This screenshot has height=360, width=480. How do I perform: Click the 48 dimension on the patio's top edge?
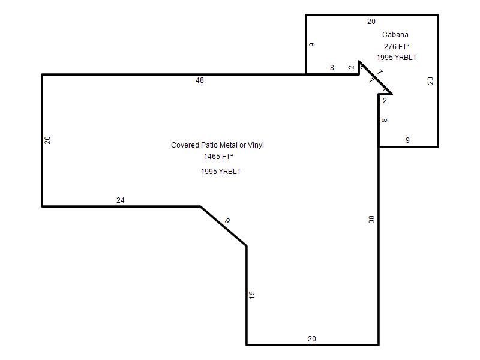pyautogui.click(x=200, y=80)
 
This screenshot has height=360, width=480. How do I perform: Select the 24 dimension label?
pyautogui.click(x=121, y=200)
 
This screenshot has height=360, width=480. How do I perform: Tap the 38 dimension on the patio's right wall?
pyautogui.click(x=371, y=219)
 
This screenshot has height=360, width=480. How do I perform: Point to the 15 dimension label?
pyautogui.click(x=251, y=295)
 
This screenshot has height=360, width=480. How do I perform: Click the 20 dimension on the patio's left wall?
pyautogui.click(x=47, y=140)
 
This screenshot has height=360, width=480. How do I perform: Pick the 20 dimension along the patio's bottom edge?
pyautogui.click(x=311, y=339)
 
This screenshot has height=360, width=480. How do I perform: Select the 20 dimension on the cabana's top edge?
pyautogui.click(x=371, y=22)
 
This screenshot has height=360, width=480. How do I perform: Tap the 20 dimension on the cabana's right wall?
pyautogui.click(x=430, y=81)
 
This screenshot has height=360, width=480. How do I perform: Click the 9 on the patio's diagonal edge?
pyautogui.click(x=227, y=220)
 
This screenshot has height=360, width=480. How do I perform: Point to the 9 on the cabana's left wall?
pyautogui.click(x=311, y=44)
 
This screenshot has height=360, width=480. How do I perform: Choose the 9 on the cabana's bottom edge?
pyautogui.click(x=407, y=140)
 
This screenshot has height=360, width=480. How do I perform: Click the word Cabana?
pyautogui.click(x=395, y=35)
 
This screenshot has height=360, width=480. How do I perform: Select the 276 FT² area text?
pyautogui.click(x=397, y=47)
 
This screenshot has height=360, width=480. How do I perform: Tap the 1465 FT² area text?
pyautogui.click(x=218, y=157)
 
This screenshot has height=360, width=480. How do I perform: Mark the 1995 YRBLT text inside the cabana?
pyautogui.click(x=397, y=58)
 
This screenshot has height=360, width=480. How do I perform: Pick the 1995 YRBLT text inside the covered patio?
pyautogui.click(x=221, y=172)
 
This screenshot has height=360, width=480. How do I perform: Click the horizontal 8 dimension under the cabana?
pyautogui.click(x=332, y=68)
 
